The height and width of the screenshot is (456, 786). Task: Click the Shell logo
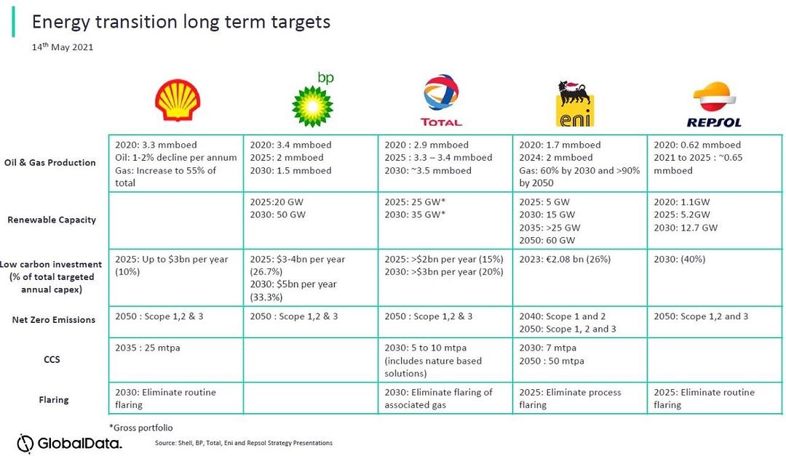(178, 100)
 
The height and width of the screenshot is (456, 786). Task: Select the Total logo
(441, 100)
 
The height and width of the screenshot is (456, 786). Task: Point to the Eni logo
(576, 104)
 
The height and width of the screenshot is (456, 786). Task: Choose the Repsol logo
(714, 105)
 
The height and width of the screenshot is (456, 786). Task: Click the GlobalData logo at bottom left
(69, 443)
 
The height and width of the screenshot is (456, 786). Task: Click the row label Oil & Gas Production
(49, 162)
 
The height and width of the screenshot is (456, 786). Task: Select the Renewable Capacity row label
(52, 220)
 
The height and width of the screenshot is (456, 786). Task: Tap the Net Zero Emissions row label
(54, 320)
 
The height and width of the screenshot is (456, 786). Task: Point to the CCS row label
(52, 359)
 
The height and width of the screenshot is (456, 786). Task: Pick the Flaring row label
(54, 400)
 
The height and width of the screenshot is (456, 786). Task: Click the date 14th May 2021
(63, 47)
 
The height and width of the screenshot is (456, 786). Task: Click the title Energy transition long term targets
(181, 22)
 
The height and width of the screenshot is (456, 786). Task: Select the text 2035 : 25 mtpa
(147, 348)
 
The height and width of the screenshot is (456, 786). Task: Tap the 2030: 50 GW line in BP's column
(278, 215)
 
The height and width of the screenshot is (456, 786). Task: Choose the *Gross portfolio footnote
(141, 428)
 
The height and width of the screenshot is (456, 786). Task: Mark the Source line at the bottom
(244, 443)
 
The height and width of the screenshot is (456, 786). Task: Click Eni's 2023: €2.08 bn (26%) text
(565, 259)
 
